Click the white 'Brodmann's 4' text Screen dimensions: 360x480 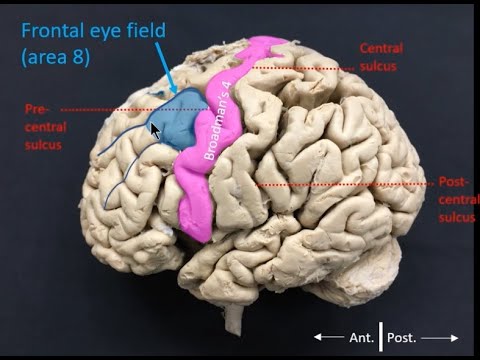[x=224, y=121]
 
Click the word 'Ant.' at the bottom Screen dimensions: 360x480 [x=357, y=337]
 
